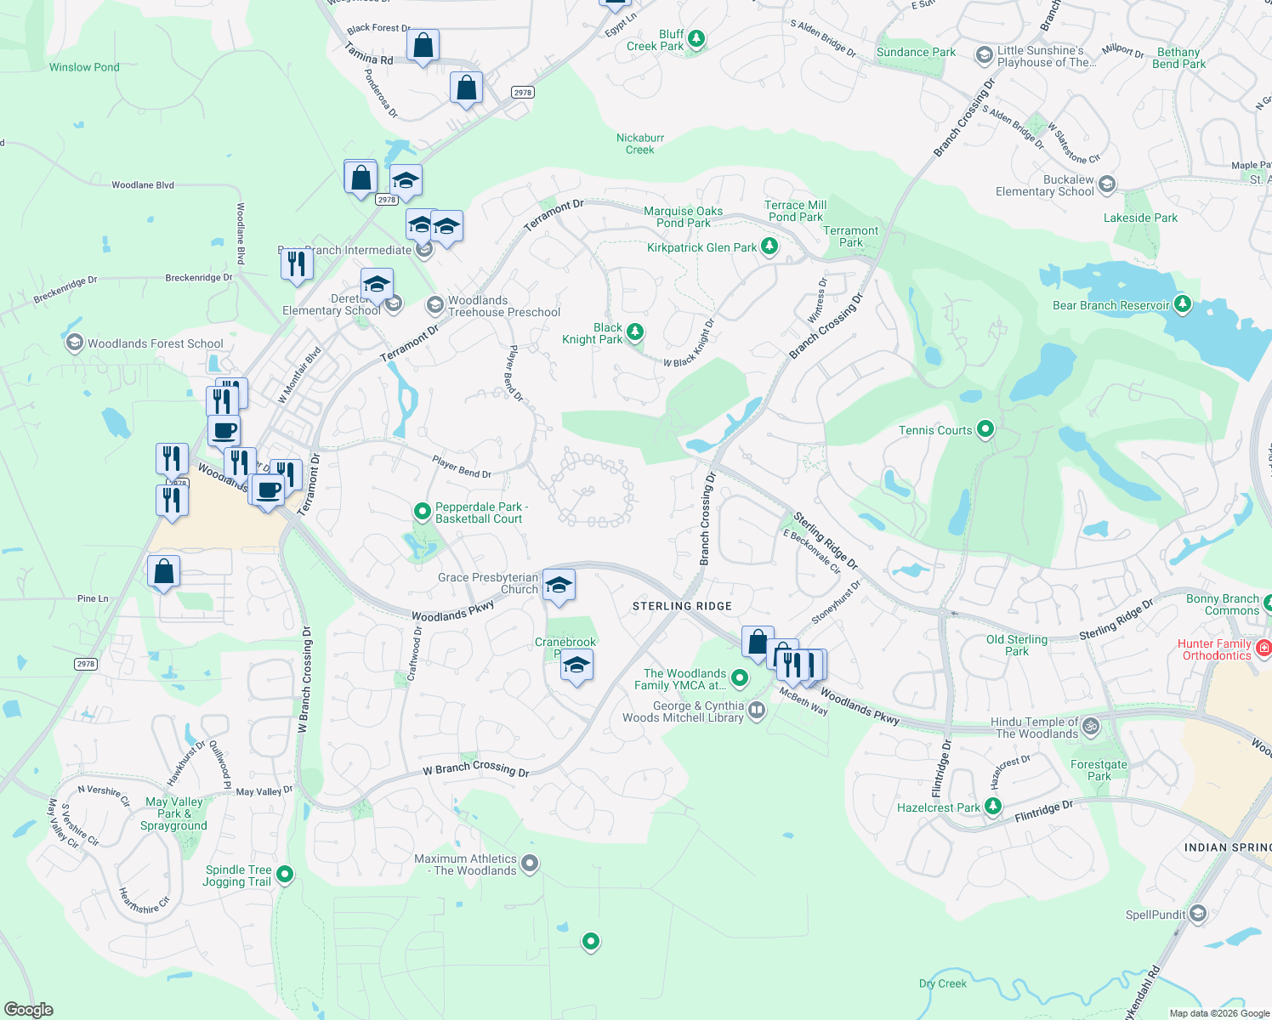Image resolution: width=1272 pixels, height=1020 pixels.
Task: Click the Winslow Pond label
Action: pyautogui.click(x=84, y=67)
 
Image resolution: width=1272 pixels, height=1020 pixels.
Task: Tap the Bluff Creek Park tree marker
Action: pyautogui.click(x=696, y=38)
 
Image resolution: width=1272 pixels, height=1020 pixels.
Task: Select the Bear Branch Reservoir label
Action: pyautogui.click(x=1110, y=305)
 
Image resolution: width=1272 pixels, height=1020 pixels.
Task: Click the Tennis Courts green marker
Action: pyautogui.click(x=985, y=429)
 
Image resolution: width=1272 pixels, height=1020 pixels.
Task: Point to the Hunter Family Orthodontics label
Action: pyautogui.click(x=1217, y=649)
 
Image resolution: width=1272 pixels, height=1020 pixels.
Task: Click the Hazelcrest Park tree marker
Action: pyautogui.click(x=993, y=806)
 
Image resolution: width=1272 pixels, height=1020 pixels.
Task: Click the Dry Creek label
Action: pyautogui.click(x=942, y=983)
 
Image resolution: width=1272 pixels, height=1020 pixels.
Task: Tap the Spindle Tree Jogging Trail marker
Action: pyautogui.click(x=285, y=874)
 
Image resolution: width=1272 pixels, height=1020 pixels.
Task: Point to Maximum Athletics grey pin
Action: pyautogui.click(x=530, y=864)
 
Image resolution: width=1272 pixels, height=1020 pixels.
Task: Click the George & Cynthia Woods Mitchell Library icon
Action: pyautogui.click(x=756, y=711)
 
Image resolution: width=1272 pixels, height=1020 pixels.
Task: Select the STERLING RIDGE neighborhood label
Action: pyautogui.click(x=682, y=606)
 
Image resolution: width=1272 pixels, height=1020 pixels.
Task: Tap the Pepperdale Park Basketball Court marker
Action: pyautogui.click(x=422, y=511)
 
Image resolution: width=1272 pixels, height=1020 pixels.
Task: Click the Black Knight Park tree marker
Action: pyautogui.click(x=635, y=331)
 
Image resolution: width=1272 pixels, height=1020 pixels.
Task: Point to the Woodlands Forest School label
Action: pyautogui.click(x=155, y=343)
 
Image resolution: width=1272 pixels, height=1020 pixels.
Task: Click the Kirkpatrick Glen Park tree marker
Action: pyautogui.click(x=769, y=246)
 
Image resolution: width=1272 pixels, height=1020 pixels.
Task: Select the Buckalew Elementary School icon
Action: pyautogui.click(x=1106, y=184)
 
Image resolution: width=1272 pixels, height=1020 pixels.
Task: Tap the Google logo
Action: pyautogui.click(x=28, y=1010)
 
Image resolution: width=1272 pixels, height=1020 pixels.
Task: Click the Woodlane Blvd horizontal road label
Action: pyautogui.click(x=143, y=184)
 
